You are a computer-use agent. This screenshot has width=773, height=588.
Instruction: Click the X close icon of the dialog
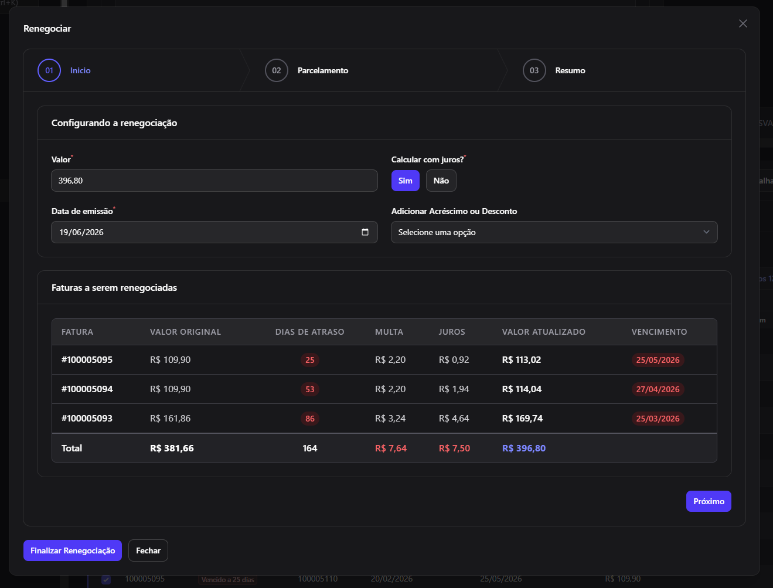tap(743, 23)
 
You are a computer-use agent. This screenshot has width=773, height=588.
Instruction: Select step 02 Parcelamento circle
tap(277, 70)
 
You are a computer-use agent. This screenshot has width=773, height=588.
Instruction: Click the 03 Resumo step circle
tap(534, 70)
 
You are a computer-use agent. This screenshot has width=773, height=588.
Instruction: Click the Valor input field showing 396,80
tap(214, 181)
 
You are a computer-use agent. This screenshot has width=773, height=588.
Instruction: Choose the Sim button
tap(406, 181)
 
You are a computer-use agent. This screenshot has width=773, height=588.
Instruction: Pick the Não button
tap(441, 181)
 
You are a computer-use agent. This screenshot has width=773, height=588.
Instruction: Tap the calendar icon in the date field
tap(365, 232)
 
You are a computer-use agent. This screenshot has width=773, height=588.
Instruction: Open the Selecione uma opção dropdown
tap(554, 232)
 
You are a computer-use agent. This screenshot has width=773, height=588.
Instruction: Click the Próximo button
tap(709, 501)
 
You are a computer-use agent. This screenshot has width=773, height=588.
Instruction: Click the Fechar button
tap(148, 550)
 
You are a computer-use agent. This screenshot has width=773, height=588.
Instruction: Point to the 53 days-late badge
tap(310, 389)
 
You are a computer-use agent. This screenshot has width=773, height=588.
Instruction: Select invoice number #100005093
tap(87, 419)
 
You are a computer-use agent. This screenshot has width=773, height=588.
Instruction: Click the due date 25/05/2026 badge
tap(658, 360)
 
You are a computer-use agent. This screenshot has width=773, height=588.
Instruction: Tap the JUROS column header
tap(452, 332)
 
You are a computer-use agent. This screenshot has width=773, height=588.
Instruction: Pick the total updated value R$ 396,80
tap(524, 448)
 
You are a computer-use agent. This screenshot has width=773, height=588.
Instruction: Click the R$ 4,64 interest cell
tap(454, 419)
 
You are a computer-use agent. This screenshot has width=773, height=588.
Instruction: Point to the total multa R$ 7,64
tap(390, 448)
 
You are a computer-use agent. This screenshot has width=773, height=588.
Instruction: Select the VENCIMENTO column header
tap(659, 332)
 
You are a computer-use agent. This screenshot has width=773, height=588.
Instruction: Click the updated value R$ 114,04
tap(522, 389)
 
